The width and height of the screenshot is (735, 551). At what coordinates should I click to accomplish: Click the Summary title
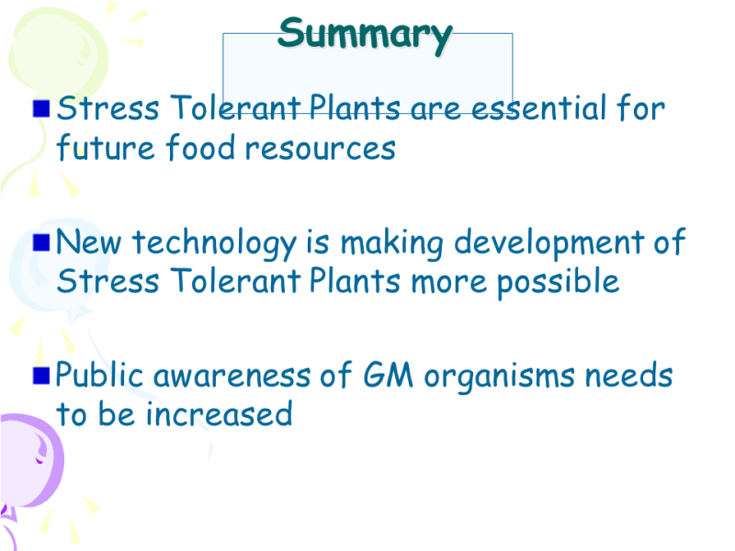(x=365, y=36)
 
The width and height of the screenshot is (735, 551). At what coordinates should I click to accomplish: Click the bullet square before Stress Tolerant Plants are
(x=41, y=108)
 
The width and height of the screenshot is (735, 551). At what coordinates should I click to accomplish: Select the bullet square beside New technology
(x=41, y=242)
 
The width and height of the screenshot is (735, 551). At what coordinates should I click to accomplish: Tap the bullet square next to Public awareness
(x=41, y=376)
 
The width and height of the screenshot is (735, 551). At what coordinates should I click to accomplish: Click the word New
(x=88, y=242)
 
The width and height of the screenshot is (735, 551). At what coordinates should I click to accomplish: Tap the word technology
(x=214, y=244)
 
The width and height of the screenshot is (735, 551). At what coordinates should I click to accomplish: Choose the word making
(x=392, y=244)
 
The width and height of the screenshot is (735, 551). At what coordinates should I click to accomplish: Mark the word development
(x=548, y=244)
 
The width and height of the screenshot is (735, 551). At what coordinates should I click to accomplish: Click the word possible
(x=558, y=283)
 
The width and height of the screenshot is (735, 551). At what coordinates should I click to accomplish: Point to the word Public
(x=99, y=375)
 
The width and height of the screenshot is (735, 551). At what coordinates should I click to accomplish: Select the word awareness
(x=232, y=377)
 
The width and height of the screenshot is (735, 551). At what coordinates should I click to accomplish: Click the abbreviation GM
(x=388, y=376)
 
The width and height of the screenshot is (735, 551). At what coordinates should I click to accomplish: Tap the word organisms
(x=499, y=377)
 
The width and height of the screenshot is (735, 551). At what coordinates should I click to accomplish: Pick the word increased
(x=219, y=414)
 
